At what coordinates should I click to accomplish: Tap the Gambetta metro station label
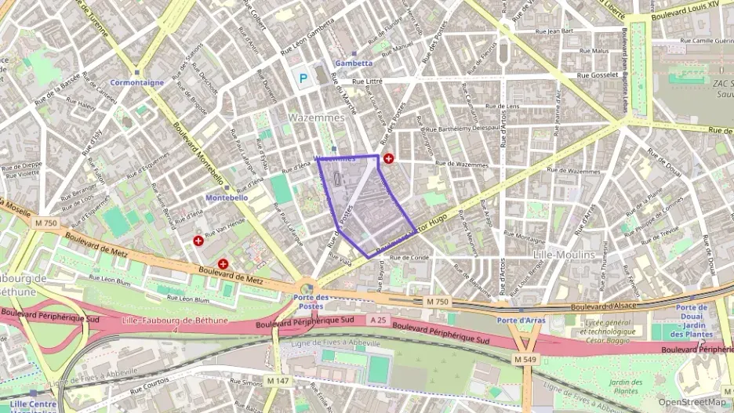[354, 63]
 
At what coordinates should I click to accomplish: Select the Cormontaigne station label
[137, 82]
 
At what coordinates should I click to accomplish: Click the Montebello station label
[226, 198]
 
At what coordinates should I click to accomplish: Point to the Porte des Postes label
[311, 301]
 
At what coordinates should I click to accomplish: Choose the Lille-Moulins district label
[563, 255]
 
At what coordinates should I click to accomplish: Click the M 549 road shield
[526, 358]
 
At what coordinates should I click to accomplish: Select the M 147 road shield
[278, 381]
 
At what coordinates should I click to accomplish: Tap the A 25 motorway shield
[378, 320]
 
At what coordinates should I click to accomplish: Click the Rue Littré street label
[368, 81]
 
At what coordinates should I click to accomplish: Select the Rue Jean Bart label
[554, 31]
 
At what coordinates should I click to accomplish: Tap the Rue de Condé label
[409, 257]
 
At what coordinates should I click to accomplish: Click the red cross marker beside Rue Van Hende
[198, 241]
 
